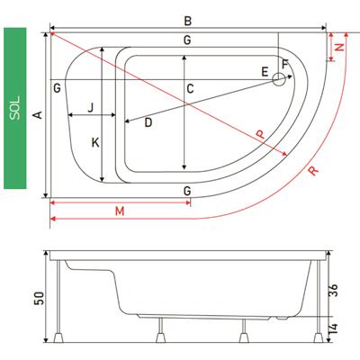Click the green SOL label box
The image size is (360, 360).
click(x=15, y=108)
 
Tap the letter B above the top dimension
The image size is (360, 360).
click(x=188, y=22)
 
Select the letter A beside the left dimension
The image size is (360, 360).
click(x=38, y=114)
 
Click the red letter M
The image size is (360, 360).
click(x=120, y=211)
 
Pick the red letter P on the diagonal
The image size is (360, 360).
click(x=260, y=134)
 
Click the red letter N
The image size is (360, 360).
click(x=339, y=47)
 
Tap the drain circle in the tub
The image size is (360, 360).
click(x=278, y=80)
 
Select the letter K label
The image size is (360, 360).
click(x=95, y=142)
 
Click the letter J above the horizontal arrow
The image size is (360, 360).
click(x=91, y=107)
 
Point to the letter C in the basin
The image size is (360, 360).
click(x=190, y=89)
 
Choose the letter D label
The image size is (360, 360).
click(x=148, y=122)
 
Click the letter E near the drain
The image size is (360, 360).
click(x=265, y=72)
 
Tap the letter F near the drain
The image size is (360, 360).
click(x=285, y=64)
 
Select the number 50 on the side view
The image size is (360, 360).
click(x=40, y=298)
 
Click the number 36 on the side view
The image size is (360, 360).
click(x=333, y=290)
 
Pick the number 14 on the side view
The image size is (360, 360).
click(x=333, y=328)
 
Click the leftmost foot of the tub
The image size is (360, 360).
click(x=58, y=337)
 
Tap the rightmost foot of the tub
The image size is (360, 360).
click(x=319, y=337)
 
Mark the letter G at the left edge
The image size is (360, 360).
click(x=57, y=88)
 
